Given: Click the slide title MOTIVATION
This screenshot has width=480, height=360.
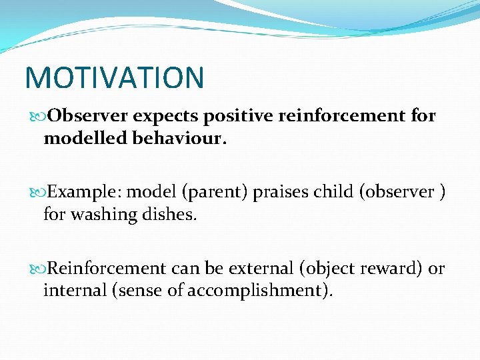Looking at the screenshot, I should coord(114,78).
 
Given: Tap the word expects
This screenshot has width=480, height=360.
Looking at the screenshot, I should coord(167,116).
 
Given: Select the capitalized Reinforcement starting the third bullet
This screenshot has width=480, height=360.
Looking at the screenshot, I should coord(107,269).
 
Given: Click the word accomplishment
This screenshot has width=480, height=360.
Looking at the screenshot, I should coord(261,291).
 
